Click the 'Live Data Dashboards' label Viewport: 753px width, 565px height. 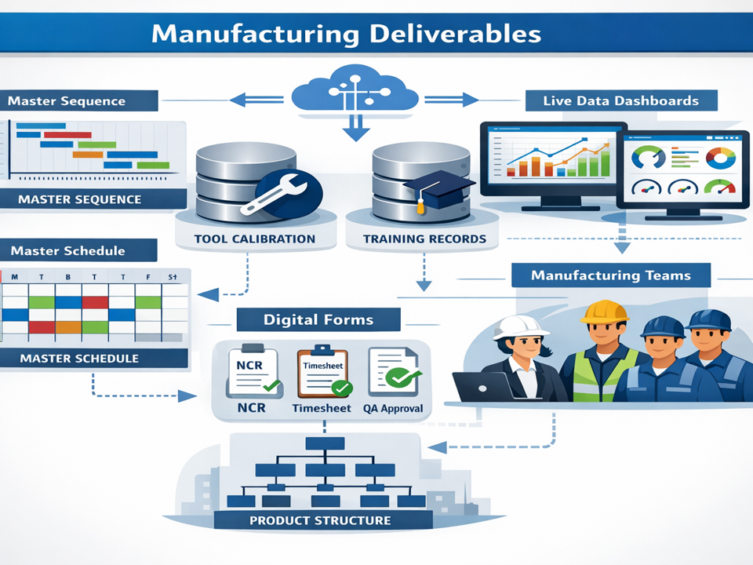620,100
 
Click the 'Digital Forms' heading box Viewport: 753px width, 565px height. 318,319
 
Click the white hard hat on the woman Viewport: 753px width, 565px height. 511,326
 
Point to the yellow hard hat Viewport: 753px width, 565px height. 605,312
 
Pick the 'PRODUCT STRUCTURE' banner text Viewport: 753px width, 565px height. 320,520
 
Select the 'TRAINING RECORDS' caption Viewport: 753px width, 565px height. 424,239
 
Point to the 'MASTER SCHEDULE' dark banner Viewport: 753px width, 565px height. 78,359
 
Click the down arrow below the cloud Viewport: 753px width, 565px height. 355,129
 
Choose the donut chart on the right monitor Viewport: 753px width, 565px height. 719,159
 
